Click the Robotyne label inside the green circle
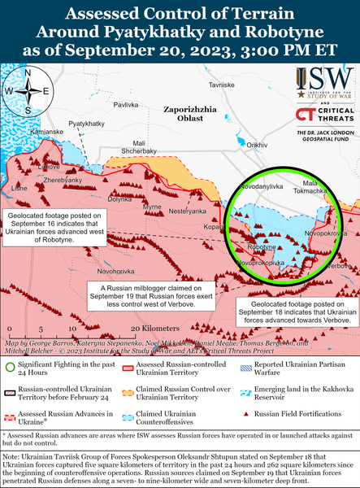click(262, 246)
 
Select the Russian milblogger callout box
click(146, 298)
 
